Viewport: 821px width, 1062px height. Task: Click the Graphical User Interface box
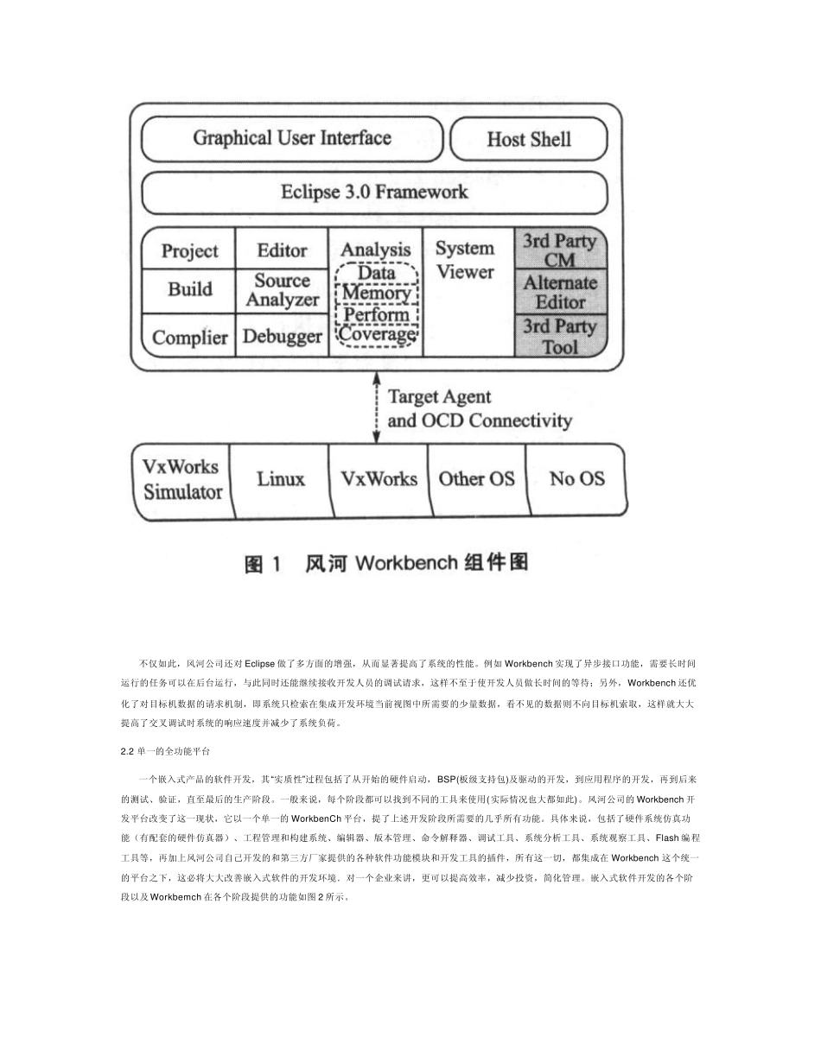point(292,138)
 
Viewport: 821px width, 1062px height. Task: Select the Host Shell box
point(529,139)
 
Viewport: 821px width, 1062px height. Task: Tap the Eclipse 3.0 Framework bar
point(374,192)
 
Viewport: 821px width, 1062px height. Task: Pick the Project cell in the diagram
point(189,250)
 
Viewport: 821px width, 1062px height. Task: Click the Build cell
point(189,289)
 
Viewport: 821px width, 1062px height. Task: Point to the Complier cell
point(189,337)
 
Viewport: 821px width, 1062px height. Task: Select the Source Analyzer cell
point(282,290)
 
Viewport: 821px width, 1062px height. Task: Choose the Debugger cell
point(282,337)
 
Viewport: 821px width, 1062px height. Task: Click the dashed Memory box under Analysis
point(376,294)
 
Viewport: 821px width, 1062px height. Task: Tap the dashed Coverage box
point(376,334)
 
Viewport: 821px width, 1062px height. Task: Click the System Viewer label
point(465,260)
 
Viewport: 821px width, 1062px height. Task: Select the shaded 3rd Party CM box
point(560,250)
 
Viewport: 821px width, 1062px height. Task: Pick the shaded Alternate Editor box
point(560,292)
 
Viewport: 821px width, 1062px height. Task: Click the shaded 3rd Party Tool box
point(560,336)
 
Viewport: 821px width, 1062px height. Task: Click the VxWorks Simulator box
point(182,479)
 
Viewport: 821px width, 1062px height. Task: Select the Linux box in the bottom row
point(281,479)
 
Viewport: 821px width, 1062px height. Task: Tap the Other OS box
point(476,479)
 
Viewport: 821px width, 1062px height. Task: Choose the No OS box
point(576,479)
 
